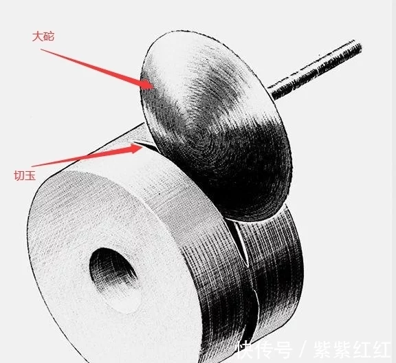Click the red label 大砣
43,36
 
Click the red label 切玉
25,175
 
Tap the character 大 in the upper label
37,36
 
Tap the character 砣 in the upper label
49,36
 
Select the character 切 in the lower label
19,175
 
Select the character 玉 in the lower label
30,175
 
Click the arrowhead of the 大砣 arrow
147,84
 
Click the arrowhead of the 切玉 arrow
136,148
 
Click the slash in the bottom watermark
302,350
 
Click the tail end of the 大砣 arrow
41,49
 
